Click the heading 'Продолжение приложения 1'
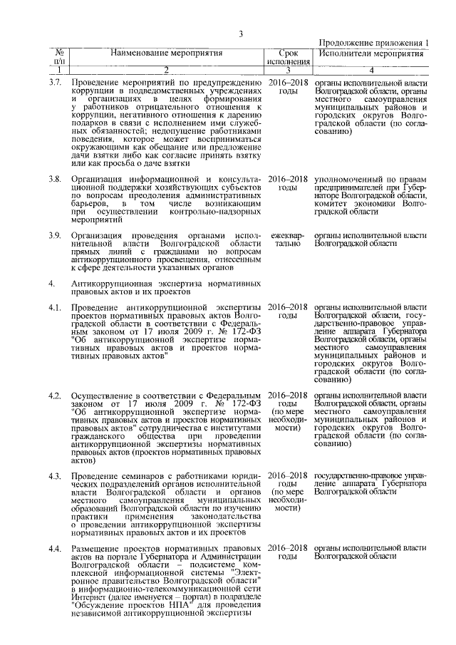click(373, 43)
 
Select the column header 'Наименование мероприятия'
click(165, 53)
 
